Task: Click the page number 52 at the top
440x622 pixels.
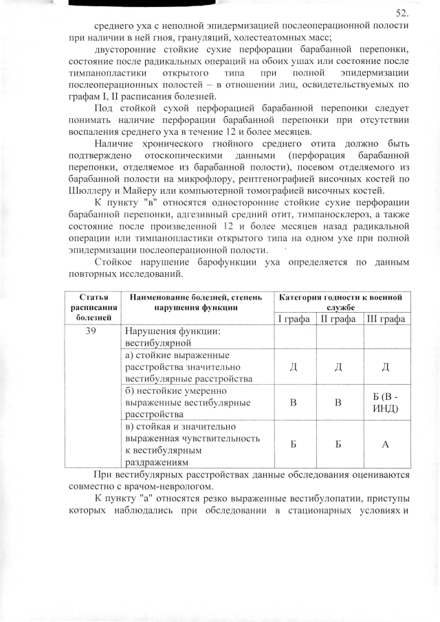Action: [x=403, y=13]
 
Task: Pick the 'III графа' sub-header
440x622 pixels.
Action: [x=386, y=319]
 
